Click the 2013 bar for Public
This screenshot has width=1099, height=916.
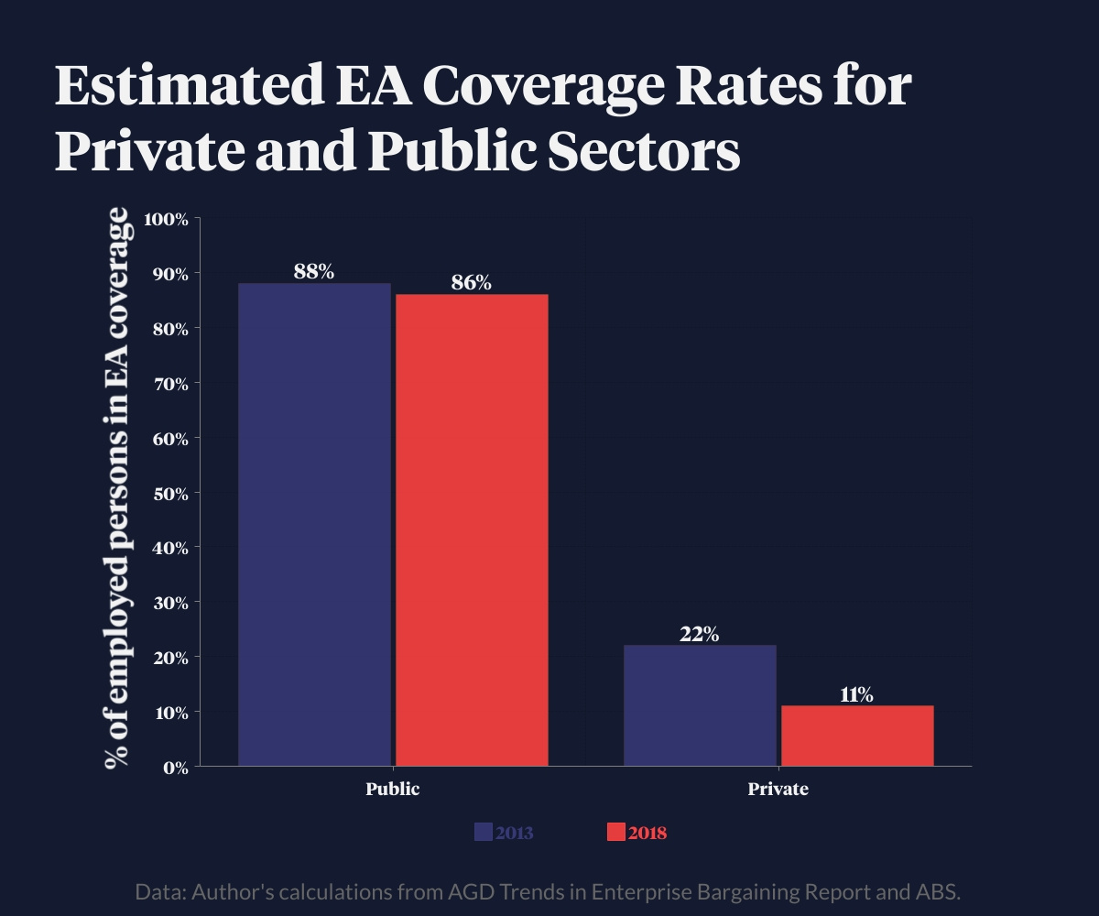click(x=314, y=524)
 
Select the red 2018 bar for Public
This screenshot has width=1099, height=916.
click(x=472, y=529)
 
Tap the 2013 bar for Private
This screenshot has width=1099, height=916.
click(x=700, y=705)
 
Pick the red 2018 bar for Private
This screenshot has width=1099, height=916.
click(x=857, y=736)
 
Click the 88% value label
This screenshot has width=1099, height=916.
click(x=314, y=271)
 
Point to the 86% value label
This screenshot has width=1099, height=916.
click(x=472, y=282)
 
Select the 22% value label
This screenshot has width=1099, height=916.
click(x=700, y=634)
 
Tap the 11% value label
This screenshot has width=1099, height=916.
click(x=857, y=694)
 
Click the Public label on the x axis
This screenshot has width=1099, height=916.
click(x=393, y=789)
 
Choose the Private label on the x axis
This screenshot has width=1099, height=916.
click(x=778, y=789)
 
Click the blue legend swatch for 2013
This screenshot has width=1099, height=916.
click(x=484, y=833)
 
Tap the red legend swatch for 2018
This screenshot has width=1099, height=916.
click(x=615, y=833)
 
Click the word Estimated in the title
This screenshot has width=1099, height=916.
click(x=179, y=87)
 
